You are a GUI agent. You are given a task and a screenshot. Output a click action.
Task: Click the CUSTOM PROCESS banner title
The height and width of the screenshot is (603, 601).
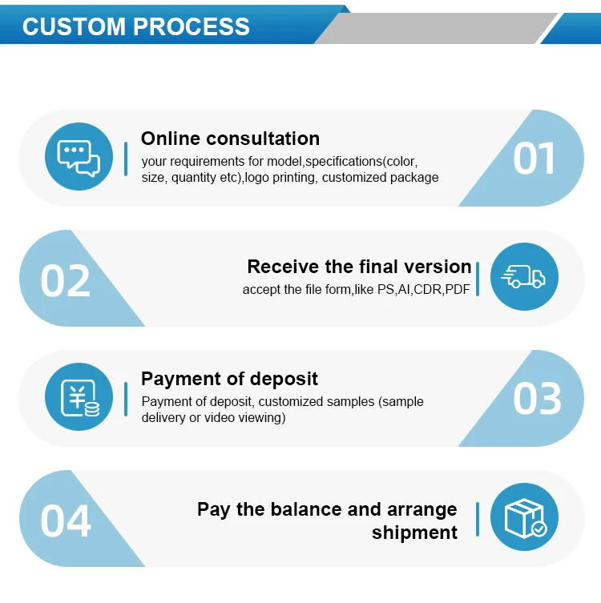click(x=136, y=26)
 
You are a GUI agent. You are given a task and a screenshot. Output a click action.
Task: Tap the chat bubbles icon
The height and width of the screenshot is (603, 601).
click(x=79, y=157)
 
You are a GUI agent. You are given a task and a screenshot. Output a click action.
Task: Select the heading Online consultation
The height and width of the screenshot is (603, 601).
click(x=230, y=139)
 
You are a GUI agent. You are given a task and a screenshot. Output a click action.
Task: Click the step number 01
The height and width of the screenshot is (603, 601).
click(x=534, y=159)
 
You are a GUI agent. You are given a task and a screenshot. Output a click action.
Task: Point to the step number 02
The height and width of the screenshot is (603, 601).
click(x=66, y=281)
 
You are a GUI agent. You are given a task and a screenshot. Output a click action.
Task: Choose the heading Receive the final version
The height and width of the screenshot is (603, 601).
click(x=359, y=267)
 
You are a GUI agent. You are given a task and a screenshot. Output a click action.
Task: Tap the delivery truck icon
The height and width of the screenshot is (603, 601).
click(x=523, y=277)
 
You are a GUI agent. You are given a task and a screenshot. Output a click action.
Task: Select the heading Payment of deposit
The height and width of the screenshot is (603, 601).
click(x=229, y=379)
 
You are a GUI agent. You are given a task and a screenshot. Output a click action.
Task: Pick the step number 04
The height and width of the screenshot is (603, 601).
click(x=66, y=521)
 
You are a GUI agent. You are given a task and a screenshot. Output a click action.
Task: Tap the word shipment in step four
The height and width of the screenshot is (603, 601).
click(x=414, y=533)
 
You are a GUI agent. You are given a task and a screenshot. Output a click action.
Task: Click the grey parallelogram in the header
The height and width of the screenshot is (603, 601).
click(x=433, y=28)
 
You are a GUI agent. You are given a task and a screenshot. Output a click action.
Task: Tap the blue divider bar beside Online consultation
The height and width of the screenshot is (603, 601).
click(x=126, y=158)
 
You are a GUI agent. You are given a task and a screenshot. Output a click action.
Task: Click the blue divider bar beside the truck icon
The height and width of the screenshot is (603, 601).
click(x=478, y=278)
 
